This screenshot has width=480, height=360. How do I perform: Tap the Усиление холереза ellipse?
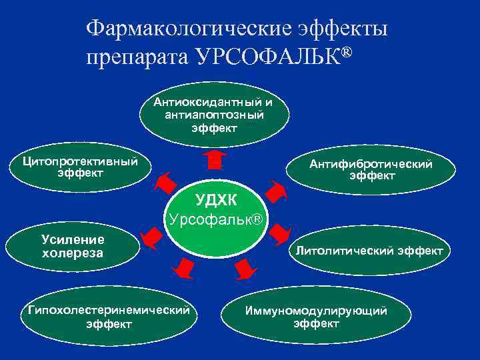[73, 246]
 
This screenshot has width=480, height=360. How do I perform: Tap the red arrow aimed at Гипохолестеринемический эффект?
[181, 267]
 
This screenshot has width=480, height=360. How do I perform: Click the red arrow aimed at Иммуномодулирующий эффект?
[245, 268]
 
